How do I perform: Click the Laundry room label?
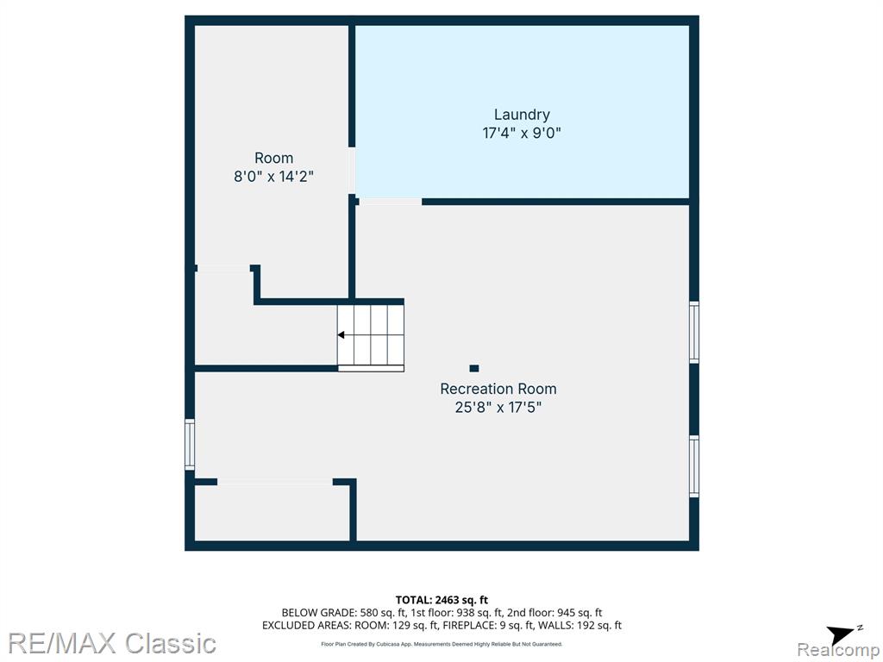point(522,115)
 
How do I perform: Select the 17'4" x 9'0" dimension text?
point(522,134)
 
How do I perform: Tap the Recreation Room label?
point(498,389)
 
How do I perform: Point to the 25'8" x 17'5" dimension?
point(498,407)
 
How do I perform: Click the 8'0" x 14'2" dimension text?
point(273,177)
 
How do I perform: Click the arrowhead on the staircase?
point(341,335)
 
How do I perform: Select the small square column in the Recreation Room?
point(474,368)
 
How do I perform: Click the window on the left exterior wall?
point(190,445)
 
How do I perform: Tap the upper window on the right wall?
point(694,332)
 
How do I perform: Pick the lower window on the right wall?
point(694,466)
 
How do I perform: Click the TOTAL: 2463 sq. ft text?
point(441,600)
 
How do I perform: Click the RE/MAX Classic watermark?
point(112,643)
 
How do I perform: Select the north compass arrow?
point(842,634)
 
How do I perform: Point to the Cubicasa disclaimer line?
point(441,644)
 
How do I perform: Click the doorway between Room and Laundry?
point(352,171)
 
